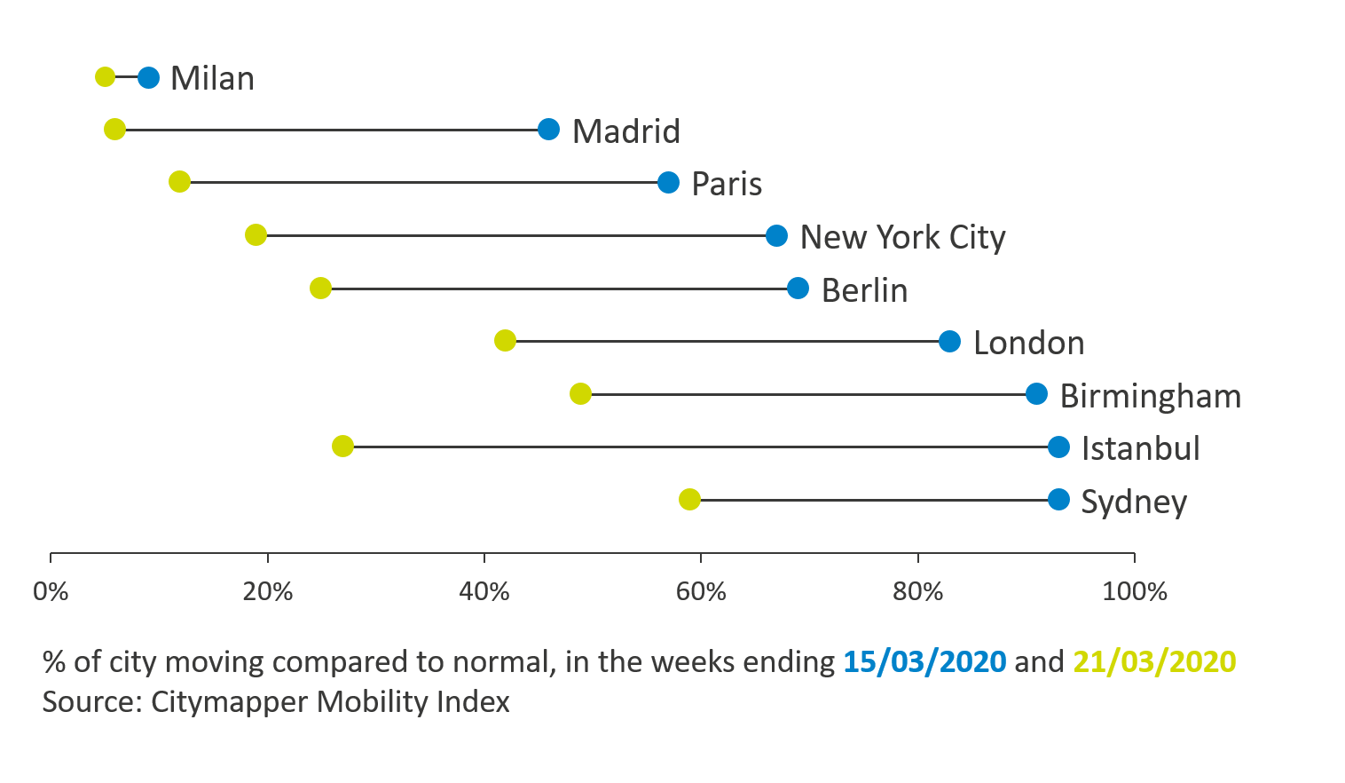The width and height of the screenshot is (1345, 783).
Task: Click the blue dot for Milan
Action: click(x=148, y=77)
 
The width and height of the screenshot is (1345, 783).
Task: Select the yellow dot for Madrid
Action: click(x=114, y=130)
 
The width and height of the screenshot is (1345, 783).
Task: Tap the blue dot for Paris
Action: click(x=668, y=183)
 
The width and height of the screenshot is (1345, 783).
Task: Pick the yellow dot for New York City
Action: click(x=256, y=235)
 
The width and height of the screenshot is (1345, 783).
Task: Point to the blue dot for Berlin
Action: click(x=798, y=289)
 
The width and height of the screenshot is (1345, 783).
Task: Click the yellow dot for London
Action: click(x=505, y=341)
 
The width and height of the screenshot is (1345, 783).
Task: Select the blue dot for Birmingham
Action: click(x=1036, y=394)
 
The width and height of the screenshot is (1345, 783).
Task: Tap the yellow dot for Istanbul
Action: click(x=342, y=447)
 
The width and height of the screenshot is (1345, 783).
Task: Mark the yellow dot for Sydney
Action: click(x=689, y=500)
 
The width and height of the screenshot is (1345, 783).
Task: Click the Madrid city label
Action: click(x=625, y=131)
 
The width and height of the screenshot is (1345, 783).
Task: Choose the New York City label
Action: click(x=902, y=237)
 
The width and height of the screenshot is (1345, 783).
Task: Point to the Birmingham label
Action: click(x=1150, y=396)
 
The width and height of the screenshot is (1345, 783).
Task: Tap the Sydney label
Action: click(x=1133, y=502)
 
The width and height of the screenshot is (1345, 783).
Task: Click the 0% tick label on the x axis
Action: click(x=51, y=591)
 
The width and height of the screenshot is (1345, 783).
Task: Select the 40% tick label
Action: click(x=484, y=591)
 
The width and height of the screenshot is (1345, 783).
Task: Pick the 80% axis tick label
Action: click(x=917, y=591)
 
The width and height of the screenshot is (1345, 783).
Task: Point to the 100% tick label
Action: click(x=1134, y=591)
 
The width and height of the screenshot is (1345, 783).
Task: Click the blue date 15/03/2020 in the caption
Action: click(x=924, y=662)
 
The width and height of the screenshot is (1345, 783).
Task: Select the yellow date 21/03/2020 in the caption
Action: click(x=1154, y=662)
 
